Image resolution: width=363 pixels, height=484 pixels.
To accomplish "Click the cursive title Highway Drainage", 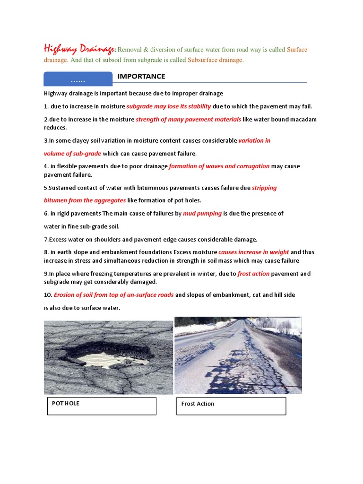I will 79,49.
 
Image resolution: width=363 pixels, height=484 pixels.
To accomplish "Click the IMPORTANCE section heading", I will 141,76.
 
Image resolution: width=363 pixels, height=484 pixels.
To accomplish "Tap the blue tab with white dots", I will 78,80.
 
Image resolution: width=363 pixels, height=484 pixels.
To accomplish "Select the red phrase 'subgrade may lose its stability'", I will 169,106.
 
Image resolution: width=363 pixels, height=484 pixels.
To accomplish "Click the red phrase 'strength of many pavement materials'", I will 188,120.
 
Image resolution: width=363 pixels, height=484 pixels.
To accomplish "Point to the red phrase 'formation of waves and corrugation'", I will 219,166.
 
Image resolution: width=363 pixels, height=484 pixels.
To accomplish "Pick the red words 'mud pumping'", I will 202,213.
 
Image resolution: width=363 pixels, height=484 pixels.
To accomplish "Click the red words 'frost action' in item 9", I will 253,274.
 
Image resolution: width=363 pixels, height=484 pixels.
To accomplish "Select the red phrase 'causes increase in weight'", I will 253,252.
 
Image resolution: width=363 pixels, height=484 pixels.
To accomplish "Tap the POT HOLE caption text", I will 66,403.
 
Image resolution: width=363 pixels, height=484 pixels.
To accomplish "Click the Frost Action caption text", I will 198,404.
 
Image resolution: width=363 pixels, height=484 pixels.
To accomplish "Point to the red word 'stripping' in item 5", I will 264,188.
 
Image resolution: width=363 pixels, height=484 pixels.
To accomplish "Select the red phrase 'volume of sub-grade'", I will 72,154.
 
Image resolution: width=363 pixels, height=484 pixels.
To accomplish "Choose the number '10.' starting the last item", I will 48,295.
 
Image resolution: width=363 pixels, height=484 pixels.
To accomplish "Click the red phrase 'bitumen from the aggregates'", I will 85,200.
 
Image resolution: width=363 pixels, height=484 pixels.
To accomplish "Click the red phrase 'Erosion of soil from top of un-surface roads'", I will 113,295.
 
